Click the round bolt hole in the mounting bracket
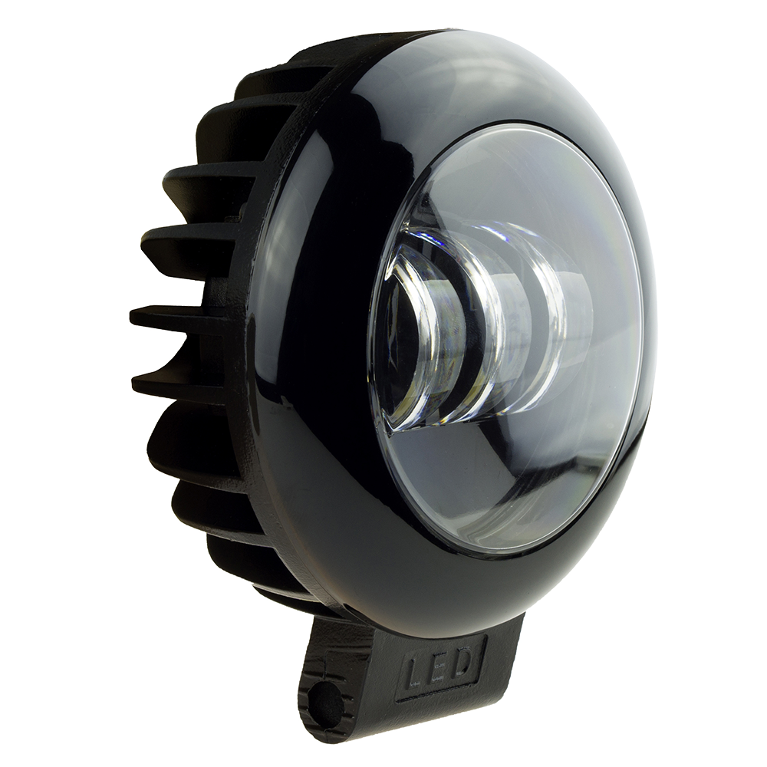(x=327, y=698)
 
